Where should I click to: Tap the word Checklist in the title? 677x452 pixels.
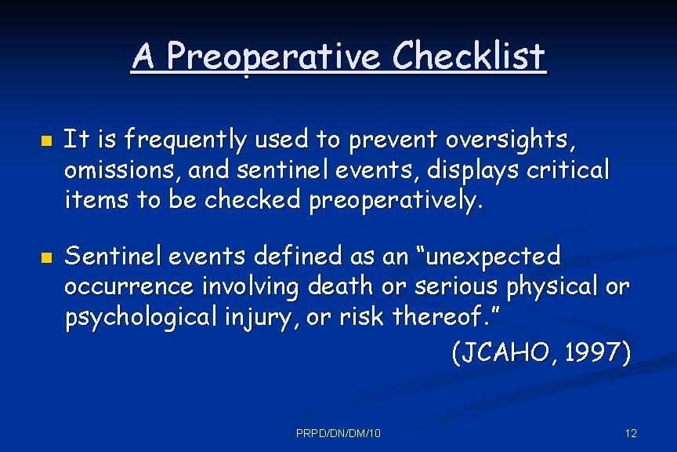tap(469, 56)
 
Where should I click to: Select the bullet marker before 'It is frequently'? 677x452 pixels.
tap(45, 143)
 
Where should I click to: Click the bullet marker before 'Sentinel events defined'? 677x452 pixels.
tap(45, 257)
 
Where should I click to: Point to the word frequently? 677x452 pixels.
tap(184, 141)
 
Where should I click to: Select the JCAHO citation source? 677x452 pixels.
tap(504, 353)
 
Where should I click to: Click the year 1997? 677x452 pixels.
tap(598, 353)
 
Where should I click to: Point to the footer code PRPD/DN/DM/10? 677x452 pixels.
tap(338, 433)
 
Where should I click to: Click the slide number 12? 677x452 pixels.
tap(631, 433)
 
